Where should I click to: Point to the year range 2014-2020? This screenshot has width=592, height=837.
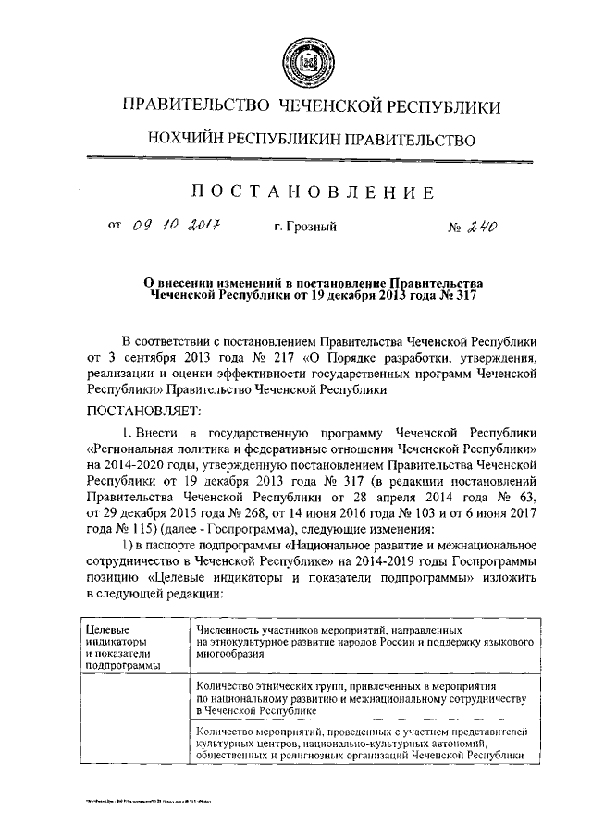tap(140, 464)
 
